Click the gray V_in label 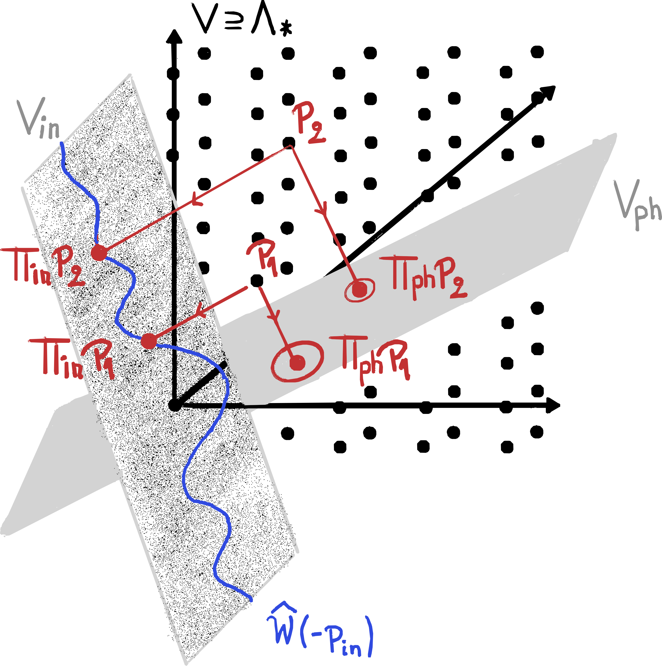coord(40,119)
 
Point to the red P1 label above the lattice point coord(264,257)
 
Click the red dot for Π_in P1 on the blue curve coord(149,341)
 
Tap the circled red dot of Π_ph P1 coord(297,363)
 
